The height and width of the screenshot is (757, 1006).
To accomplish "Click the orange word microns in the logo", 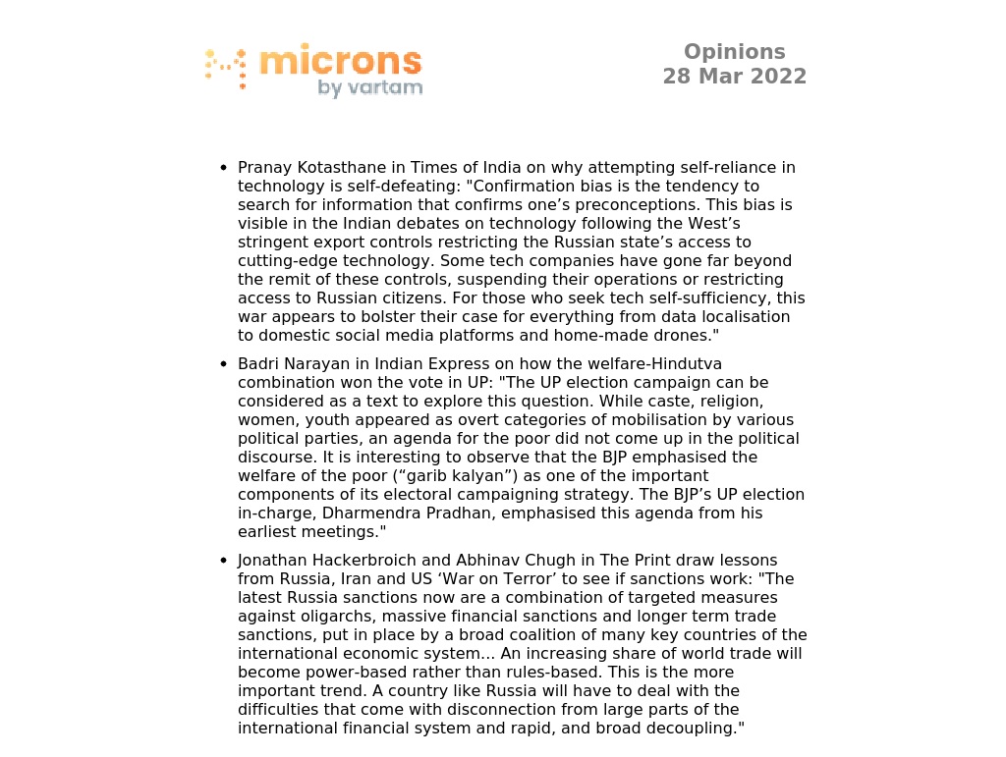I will pyautogui.click(x=340, y=61).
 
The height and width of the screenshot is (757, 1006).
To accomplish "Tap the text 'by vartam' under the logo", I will pyautogui.click(x=369, y=88).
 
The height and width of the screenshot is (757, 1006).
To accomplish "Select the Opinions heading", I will pyautogui.click(x=734, y=52).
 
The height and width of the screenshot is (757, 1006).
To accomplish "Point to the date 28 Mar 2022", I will pyautogui.click(x=734, y=77).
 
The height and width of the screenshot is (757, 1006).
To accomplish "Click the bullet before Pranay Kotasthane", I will pyautogui.click(x=224, y=168).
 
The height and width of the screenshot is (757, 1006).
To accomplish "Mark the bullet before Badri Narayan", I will pyautogui.click(x=224, y=364).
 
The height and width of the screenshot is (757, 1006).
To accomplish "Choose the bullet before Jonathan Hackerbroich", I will pyautogui.click(x=224, y=561).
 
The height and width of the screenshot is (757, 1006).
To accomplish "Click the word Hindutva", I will pyautogui.click(x=680, y=364).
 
